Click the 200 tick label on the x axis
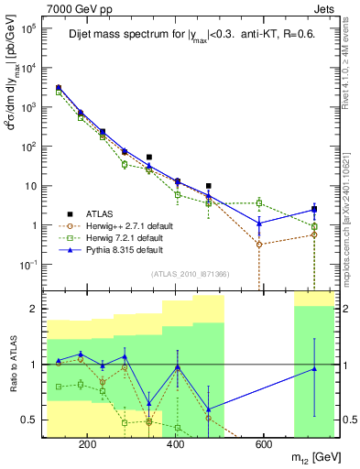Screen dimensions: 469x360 [88, 446]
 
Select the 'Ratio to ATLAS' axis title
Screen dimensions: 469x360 [13, 365]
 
